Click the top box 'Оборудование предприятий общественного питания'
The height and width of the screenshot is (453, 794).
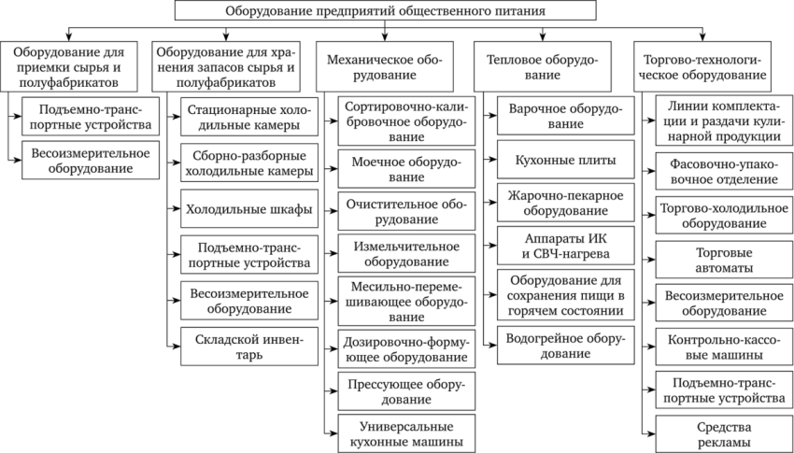[386, 10]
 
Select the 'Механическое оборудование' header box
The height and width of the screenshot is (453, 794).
[385, 67]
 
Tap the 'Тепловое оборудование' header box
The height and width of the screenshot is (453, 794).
[543, 67]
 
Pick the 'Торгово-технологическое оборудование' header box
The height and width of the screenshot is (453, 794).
[702, 67]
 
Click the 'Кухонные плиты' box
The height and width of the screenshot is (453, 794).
[566, 160]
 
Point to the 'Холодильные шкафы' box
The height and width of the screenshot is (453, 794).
[249, 208]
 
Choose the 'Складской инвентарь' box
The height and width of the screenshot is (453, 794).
[249, 347]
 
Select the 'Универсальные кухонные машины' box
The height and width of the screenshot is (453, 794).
[406, 433]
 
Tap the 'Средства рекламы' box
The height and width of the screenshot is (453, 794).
[724, 434]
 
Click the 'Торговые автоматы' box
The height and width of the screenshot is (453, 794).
[724, 260]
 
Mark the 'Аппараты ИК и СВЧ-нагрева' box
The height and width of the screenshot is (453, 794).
[566, 246]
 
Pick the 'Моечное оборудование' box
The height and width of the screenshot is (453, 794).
[406, 168]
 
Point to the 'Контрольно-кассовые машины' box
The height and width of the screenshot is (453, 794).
[724, 347]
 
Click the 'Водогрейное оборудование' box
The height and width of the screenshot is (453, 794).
[566, 346]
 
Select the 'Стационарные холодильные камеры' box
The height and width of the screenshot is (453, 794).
[249, 117]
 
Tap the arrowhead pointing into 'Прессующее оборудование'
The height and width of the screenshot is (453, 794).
[334, 390]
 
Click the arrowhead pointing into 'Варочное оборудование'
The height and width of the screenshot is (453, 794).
[493, 116]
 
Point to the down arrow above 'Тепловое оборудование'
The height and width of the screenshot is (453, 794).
[543, 34]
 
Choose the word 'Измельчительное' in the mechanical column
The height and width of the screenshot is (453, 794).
[406, 247]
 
